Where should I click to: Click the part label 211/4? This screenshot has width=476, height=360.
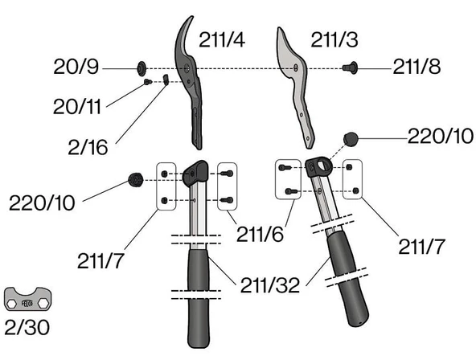click(222, 39)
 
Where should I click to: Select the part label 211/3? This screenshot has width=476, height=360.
click(334, 39)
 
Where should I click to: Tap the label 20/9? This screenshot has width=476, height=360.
click(76, 67)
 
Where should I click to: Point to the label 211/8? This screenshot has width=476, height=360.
click(416, 67)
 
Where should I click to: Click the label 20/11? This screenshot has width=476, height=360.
click(77, 107)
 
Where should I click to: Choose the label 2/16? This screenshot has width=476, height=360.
click(88, 148)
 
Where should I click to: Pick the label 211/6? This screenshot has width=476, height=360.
click(260, 234)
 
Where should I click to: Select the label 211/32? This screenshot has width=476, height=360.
click(270, 285)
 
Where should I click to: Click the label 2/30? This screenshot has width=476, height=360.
click(27, 328)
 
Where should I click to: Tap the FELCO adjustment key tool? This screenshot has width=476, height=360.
click(27, 299)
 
